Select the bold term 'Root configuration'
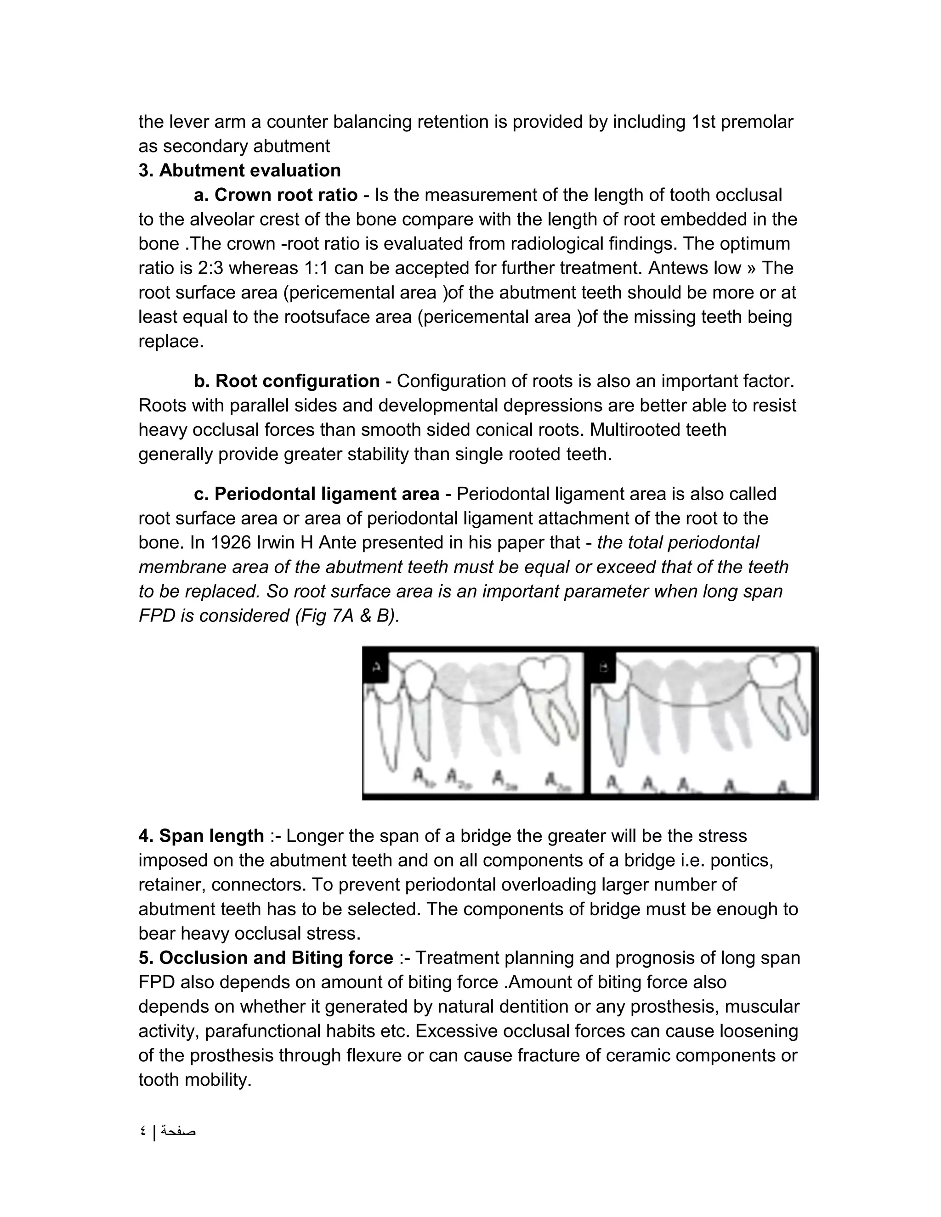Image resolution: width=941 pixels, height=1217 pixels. (297, 381)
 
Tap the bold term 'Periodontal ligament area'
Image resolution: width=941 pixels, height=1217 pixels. (327, 494)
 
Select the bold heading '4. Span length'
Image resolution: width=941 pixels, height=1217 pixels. (201, 836)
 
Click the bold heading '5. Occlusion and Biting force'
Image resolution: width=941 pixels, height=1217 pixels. (266, 958)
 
